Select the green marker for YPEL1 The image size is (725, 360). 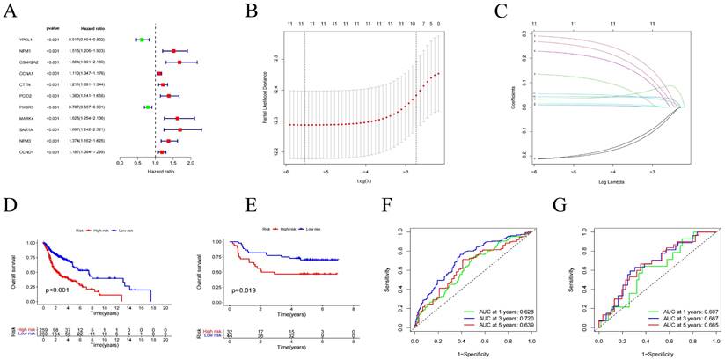(x=141, y=40)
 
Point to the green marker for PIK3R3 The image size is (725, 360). (x=148, y=107)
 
